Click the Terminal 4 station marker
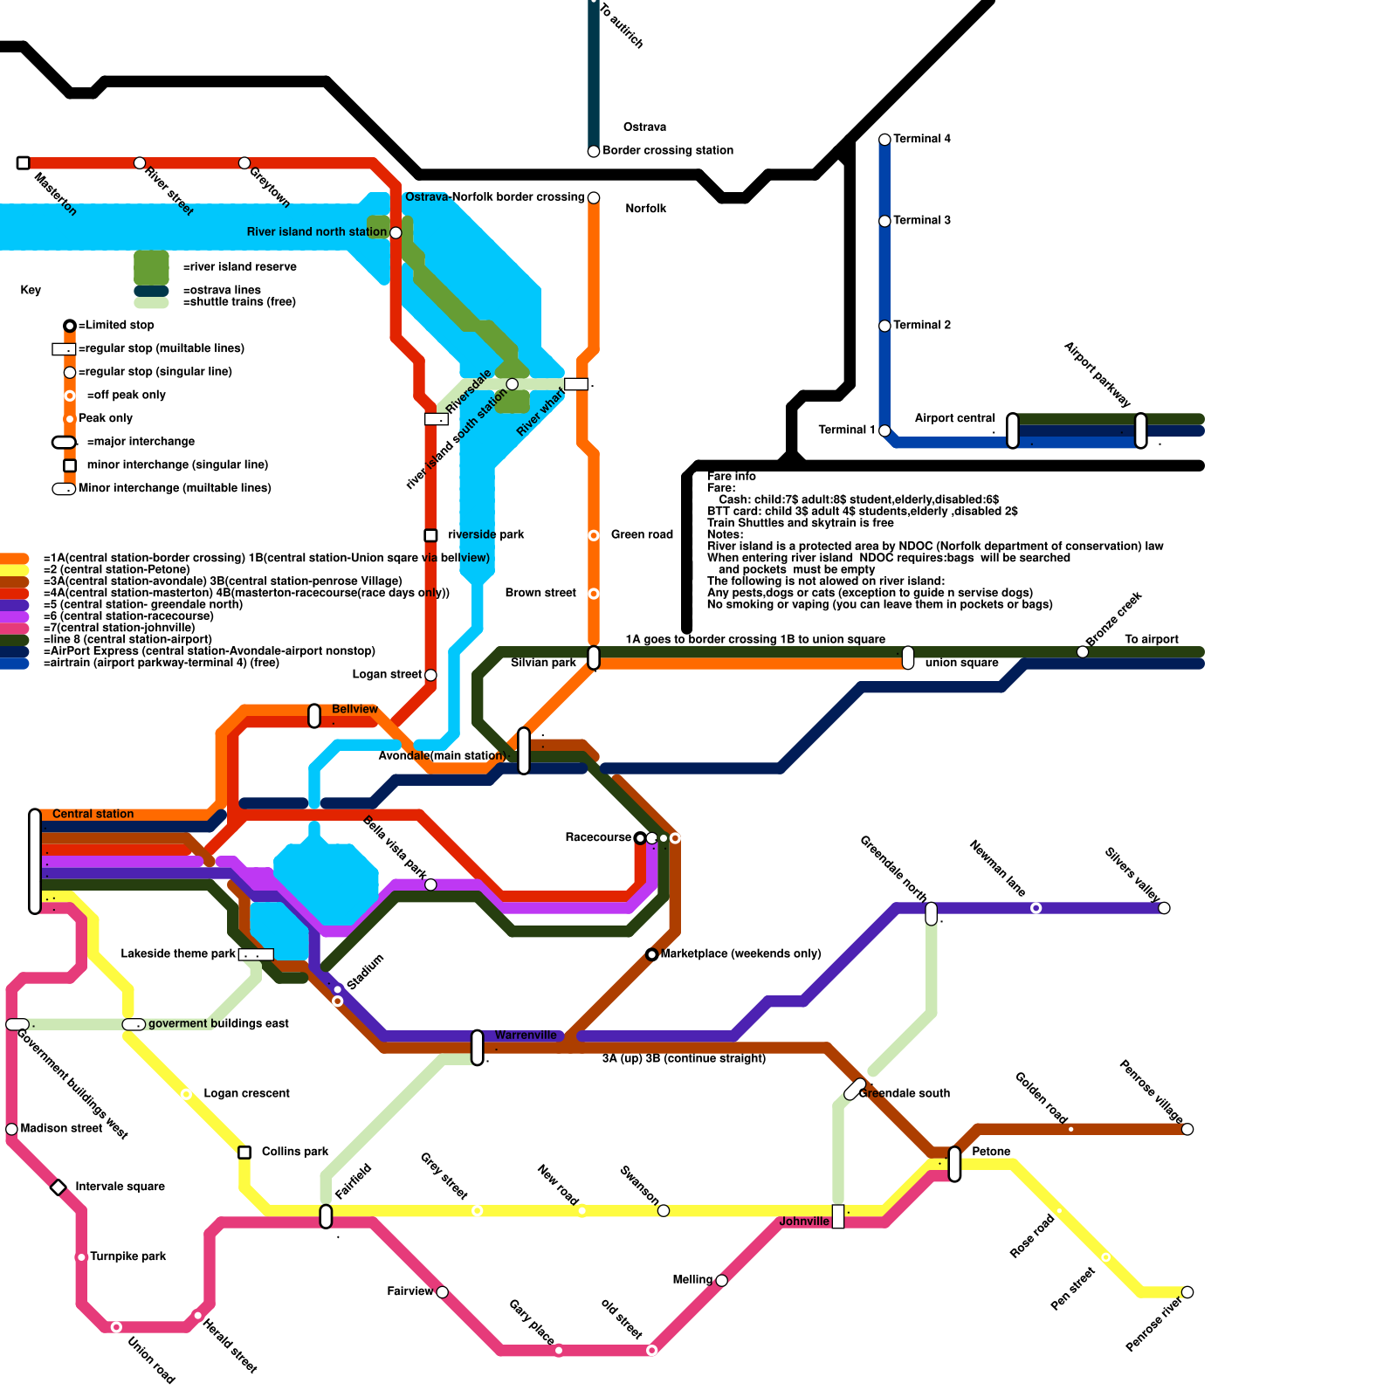point(884,140)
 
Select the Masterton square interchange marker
point(24,163)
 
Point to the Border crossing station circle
point(594,151)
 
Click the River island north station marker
point(396,232)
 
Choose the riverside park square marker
point(430,535)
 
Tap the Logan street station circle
point(430,675)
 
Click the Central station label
point(93,814)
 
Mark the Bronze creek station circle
point(1083,652)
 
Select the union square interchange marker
point(908,657)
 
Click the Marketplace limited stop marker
point(651,954)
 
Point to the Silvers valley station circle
point(1164,908)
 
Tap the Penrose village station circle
point(1187,1129)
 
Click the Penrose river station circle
point(1187,1292)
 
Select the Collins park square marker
point(244,1153)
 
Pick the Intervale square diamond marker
point(58,1187)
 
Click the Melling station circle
point(721,1281)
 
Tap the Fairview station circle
point(442,1292)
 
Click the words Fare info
point(732,476)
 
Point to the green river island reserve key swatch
point(151,266)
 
